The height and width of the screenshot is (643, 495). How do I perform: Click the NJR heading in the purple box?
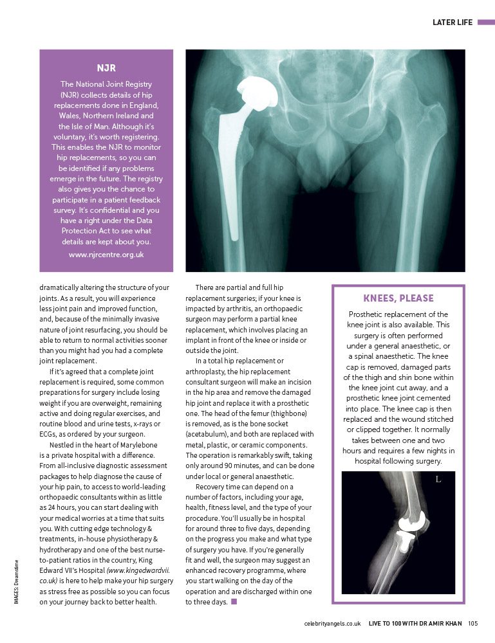(x=106, y=67)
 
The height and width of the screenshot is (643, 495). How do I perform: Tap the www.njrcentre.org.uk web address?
(x=106, y=254)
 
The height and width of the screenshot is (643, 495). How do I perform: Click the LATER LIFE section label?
(x=453, y=23)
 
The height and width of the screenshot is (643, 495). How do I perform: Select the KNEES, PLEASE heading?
(x=398, y=298)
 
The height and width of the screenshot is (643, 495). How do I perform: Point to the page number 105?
(x=472, y=622)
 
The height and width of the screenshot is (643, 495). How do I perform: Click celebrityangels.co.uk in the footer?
(x=332, y=622)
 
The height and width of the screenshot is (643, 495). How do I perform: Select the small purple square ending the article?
(x=234, y=602)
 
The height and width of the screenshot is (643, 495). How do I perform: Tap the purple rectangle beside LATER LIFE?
(x=485, y=23)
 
